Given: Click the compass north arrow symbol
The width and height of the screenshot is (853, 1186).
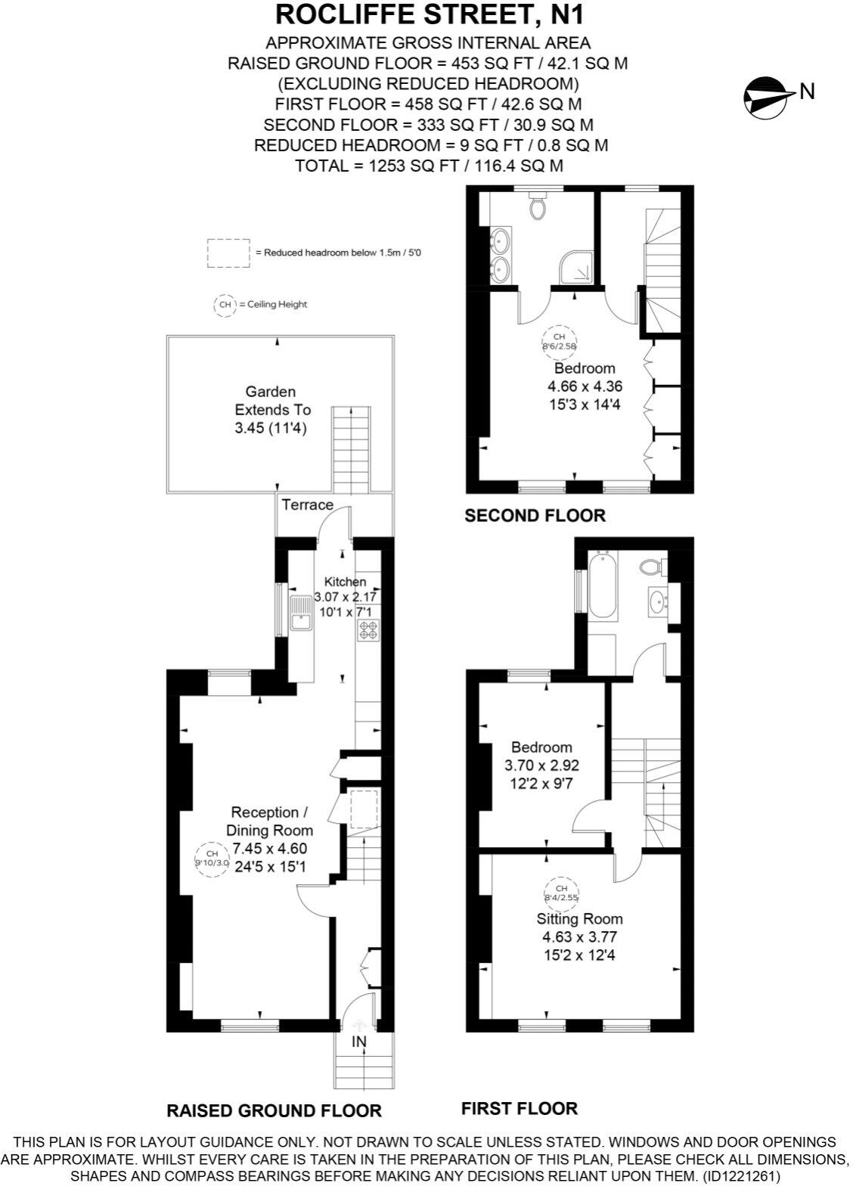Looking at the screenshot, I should point(765,95).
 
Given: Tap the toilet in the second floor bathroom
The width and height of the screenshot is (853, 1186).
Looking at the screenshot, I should point(538,205).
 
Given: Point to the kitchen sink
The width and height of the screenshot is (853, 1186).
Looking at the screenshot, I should point(300,613).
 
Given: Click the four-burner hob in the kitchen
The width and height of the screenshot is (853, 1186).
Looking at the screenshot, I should point(368,630).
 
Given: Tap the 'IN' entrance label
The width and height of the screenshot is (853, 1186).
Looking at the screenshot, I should point(358,1042).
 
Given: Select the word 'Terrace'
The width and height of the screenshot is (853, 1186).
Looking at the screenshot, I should point(307,505).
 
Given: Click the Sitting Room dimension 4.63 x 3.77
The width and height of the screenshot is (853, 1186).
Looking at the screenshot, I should point(580,936).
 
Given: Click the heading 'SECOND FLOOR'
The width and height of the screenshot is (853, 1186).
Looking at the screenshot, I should point(535,516).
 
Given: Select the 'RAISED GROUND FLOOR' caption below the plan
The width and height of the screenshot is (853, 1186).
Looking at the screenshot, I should point(274,1110).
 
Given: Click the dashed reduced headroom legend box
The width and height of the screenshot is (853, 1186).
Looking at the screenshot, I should point(228,253).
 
